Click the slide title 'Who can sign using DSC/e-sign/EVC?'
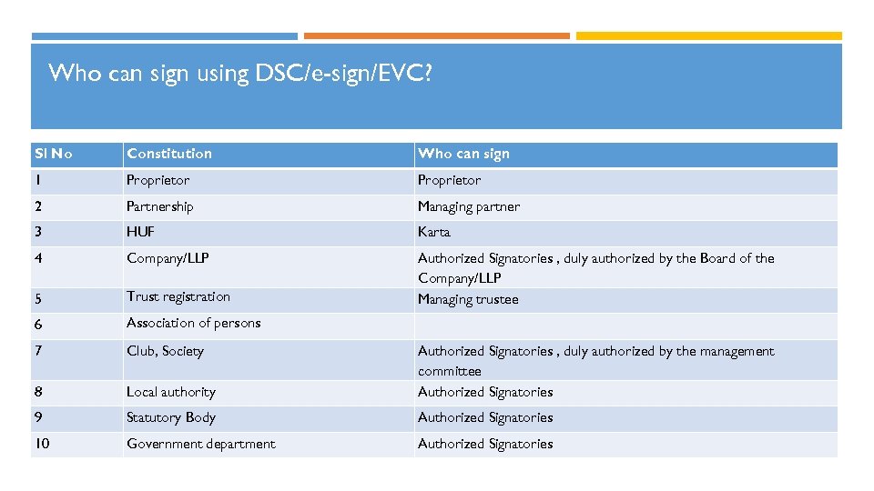tap(240, 74)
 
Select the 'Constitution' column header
tap(169, 154)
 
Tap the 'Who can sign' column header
tap(463, 154)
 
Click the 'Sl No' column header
tap(54, 154)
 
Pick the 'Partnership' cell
tap(160, 206)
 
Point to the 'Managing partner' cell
tap(469, 206)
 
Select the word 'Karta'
tap(434, 232)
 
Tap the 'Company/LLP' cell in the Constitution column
tap(168, 258)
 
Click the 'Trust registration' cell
tap(178, 296)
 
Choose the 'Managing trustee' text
tap(468, 299)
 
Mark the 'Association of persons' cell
tap(193, 323)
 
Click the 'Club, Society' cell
tap(165, 351)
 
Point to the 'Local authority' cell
tap(171, 392)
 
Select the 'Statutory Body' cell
tap(171, 417)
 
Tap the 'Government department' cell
tap(200, 444)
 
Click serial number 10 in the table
tap(43, 444)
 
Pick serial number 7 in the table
tap(38, 351)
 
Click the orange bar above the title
tap(436, 36)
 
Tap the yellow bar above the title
tap(708, 36)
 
